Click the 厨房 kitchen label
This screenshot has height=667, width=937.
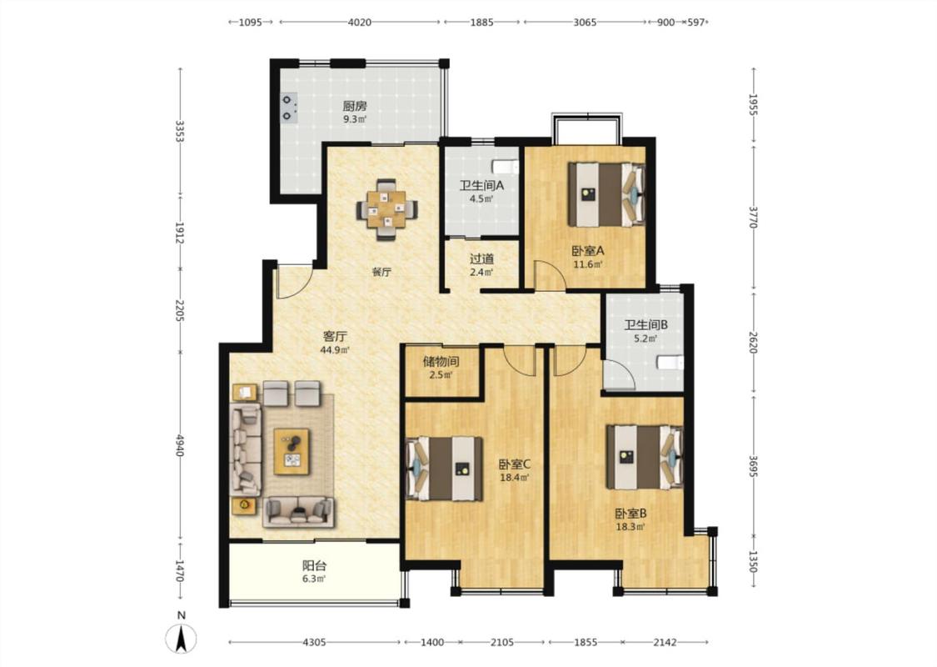[x=354, y=107]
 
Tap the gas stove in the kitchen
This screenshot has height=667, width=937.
[x=289, y=108]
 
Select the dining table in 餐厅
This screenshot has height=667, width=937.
[x=386, y=209]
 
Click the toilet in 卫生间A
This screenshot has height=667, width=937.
[x=505, y=166]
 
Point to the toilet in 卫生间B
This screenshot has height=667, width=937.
[x=670, y=363]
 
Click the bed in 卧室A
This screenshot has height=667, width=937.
[x=606, y=194]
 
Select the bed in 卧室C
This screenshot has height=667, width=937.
[x=444, y=469]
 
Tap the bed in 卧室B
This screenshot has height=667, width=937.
[x=644, y=457]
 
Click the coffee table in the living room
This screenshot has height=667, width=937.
[x=291, y=452]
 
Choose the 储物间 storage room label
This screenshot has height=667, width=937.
[x=441, y=361]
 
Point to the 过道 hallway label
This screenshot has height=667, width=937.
[x=481, y=259]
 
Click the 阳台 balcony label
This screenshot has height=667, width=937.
[x=314, y=565]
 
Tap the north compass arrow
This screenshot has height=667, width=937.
[x=182, y=638]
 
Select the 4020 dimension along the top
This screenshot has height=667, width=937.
[x=359, y=23]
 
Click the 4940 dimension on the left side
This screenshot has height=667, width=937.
[x=180, y=446]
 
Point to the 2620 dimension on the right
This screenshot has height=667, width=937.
[x=754, y=343]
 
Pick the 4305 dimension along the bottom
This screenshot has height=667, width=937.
[x=314, y=643]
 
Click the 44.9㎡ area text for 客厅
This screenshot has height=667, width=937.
[x=335, y=350]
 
